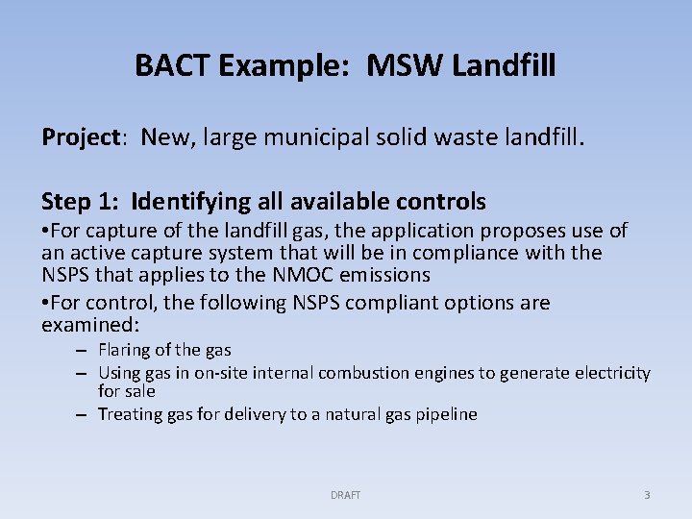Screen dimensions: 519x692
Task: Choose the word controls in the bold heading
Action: [438, 202]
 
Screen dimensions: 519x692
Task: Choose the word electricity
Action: [616, 373]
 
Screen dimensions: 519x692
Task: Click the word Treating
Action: [128, 414]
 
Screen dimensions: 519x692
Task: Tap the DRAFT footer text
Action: [346, 495]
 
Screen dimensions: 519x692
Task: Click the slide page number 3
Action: [647, 495]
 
